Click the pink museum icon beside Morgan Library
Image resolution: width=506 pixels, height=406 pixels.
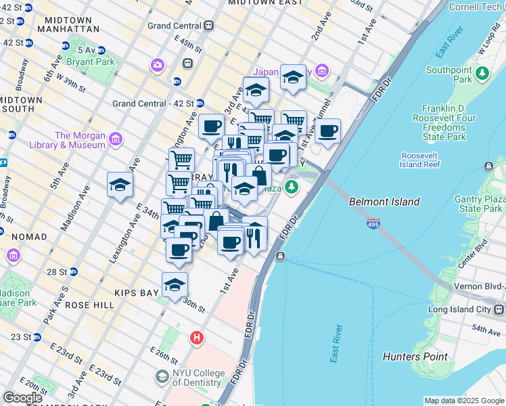(x=116, y=140)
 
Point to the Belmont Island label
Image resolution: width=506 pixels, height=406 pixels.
(x=384, y=202)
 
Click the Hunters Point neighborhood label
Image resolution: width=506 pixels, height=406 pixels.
(x=415, y=357)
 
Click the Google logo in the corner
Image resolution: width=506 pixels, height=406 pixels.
(x=23, y=398)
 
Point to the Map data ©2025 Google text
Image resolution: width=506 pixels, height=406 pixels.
(x=463, y=401)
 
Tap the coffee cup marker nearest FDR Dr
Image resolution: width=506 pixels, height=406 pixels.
(x=327, y=131)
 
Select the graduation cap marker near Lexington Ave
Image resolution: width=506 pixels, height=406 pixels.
(x=120, y=184)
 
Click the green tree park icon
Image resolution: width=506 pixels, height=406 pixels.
(x=292, y=186)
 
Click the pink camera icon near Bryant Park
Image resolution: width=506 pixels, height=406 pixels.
(x=158, y=65)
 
